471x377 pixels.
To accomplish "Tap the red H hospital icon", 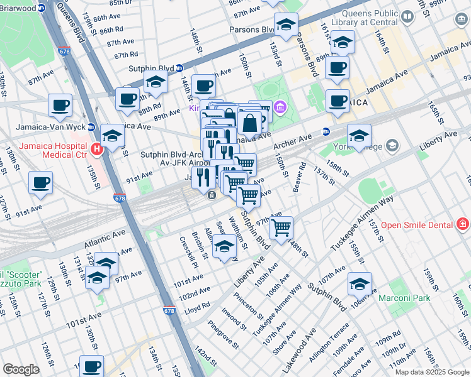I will [x=96, y=149].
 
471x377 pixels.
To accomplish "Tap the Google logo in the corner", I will [x=21, y=369].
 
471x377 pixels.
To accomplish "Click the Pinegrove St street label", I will [x=223, y=336].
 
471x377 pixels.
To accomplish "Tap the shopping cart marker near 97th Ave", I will [x=281, y=226].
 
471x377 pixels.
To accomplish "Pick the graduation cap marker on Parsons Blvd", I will [x=286, y=25].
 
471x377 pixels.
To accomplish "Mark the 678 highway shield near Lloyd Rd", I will [x=169, y=310].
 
